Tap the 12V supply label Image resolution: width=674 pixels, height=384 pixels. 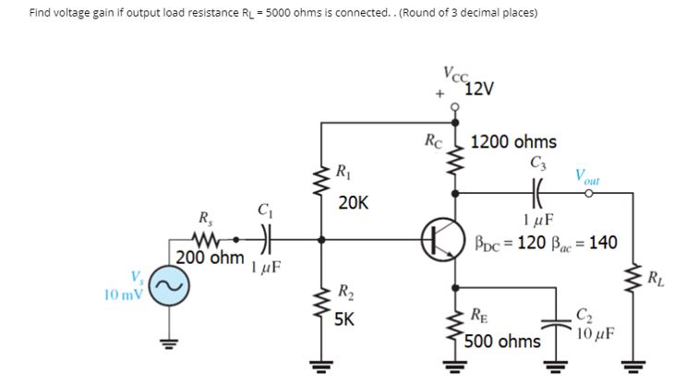pyautogui.click(x=479, y=89)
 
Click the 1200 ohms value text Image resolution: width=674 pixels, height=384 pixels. pyautogui.click(x=513, y=142)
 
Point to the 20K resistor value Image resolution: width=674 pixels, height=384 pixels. pyautogui.click(x=353, y=202)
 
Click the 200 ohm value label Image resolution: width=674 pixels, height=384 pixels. pyautogui.click(x=210, y=258)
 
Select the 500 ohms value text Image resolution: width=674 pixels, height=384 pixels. pyautogui.click(x=503, y=342)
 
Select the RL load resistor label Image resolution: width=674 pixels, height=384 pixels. pyautogui.click(x=654, y=278)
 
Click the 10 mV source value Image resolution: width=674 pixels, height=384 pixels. pyautogui.click(x=124, y=295)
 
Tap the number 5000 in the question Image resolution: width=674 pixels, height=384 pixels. pyautogui.click(x=278, y=14)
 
